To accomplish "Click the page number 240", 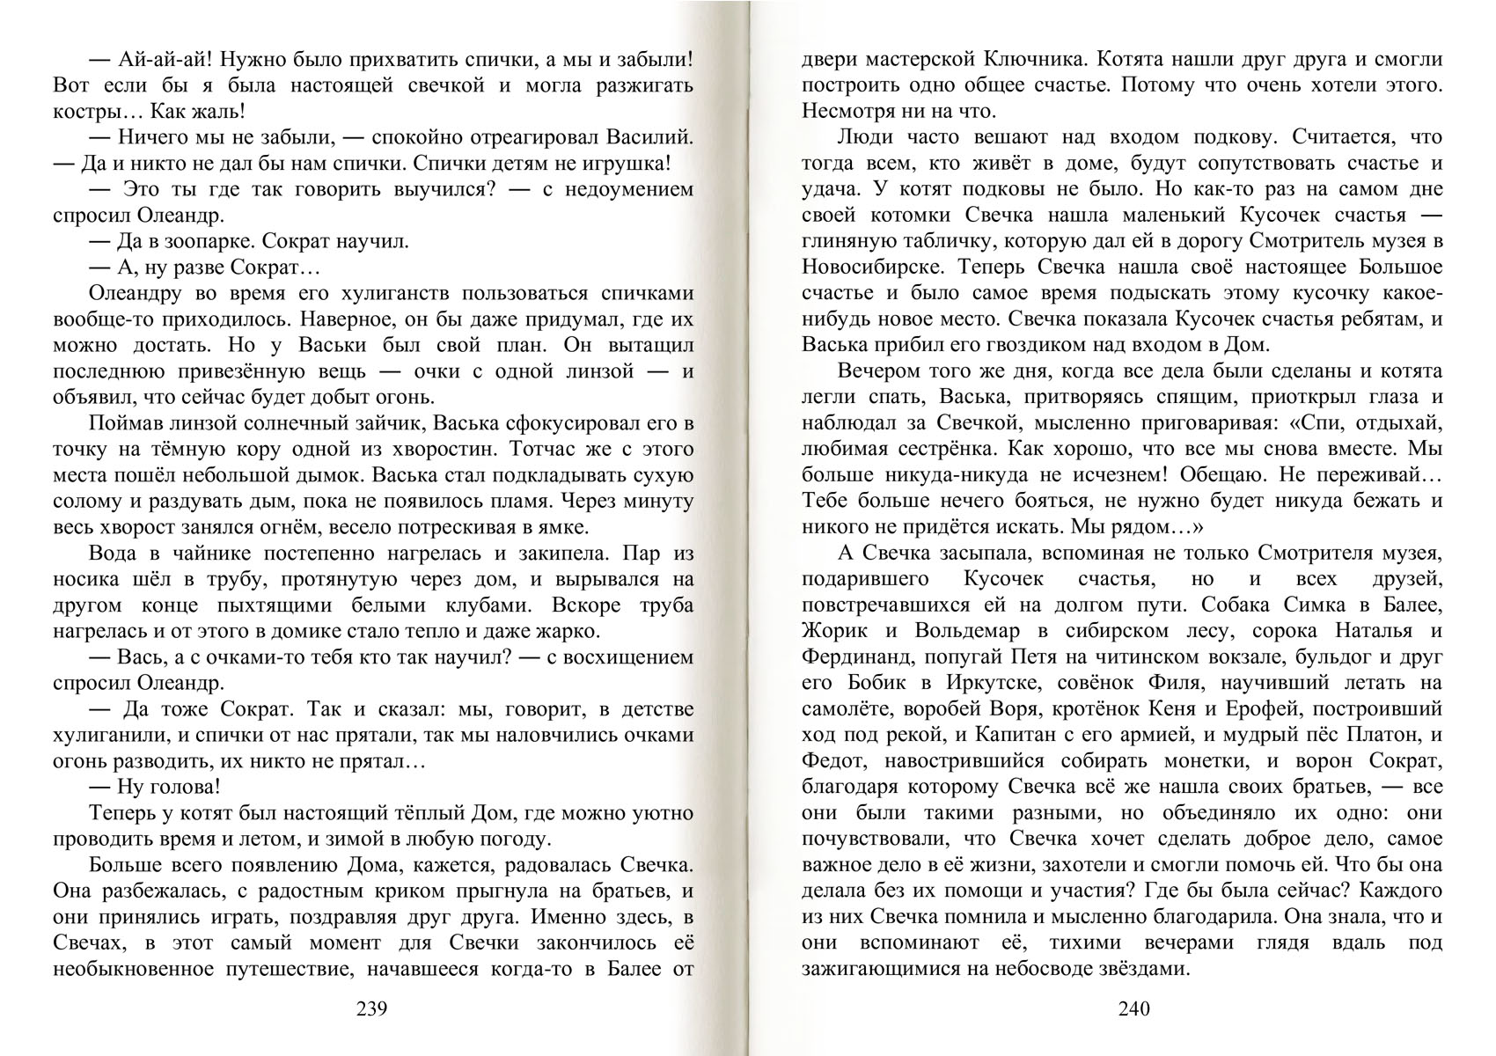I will (x=1133, y=1008).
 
